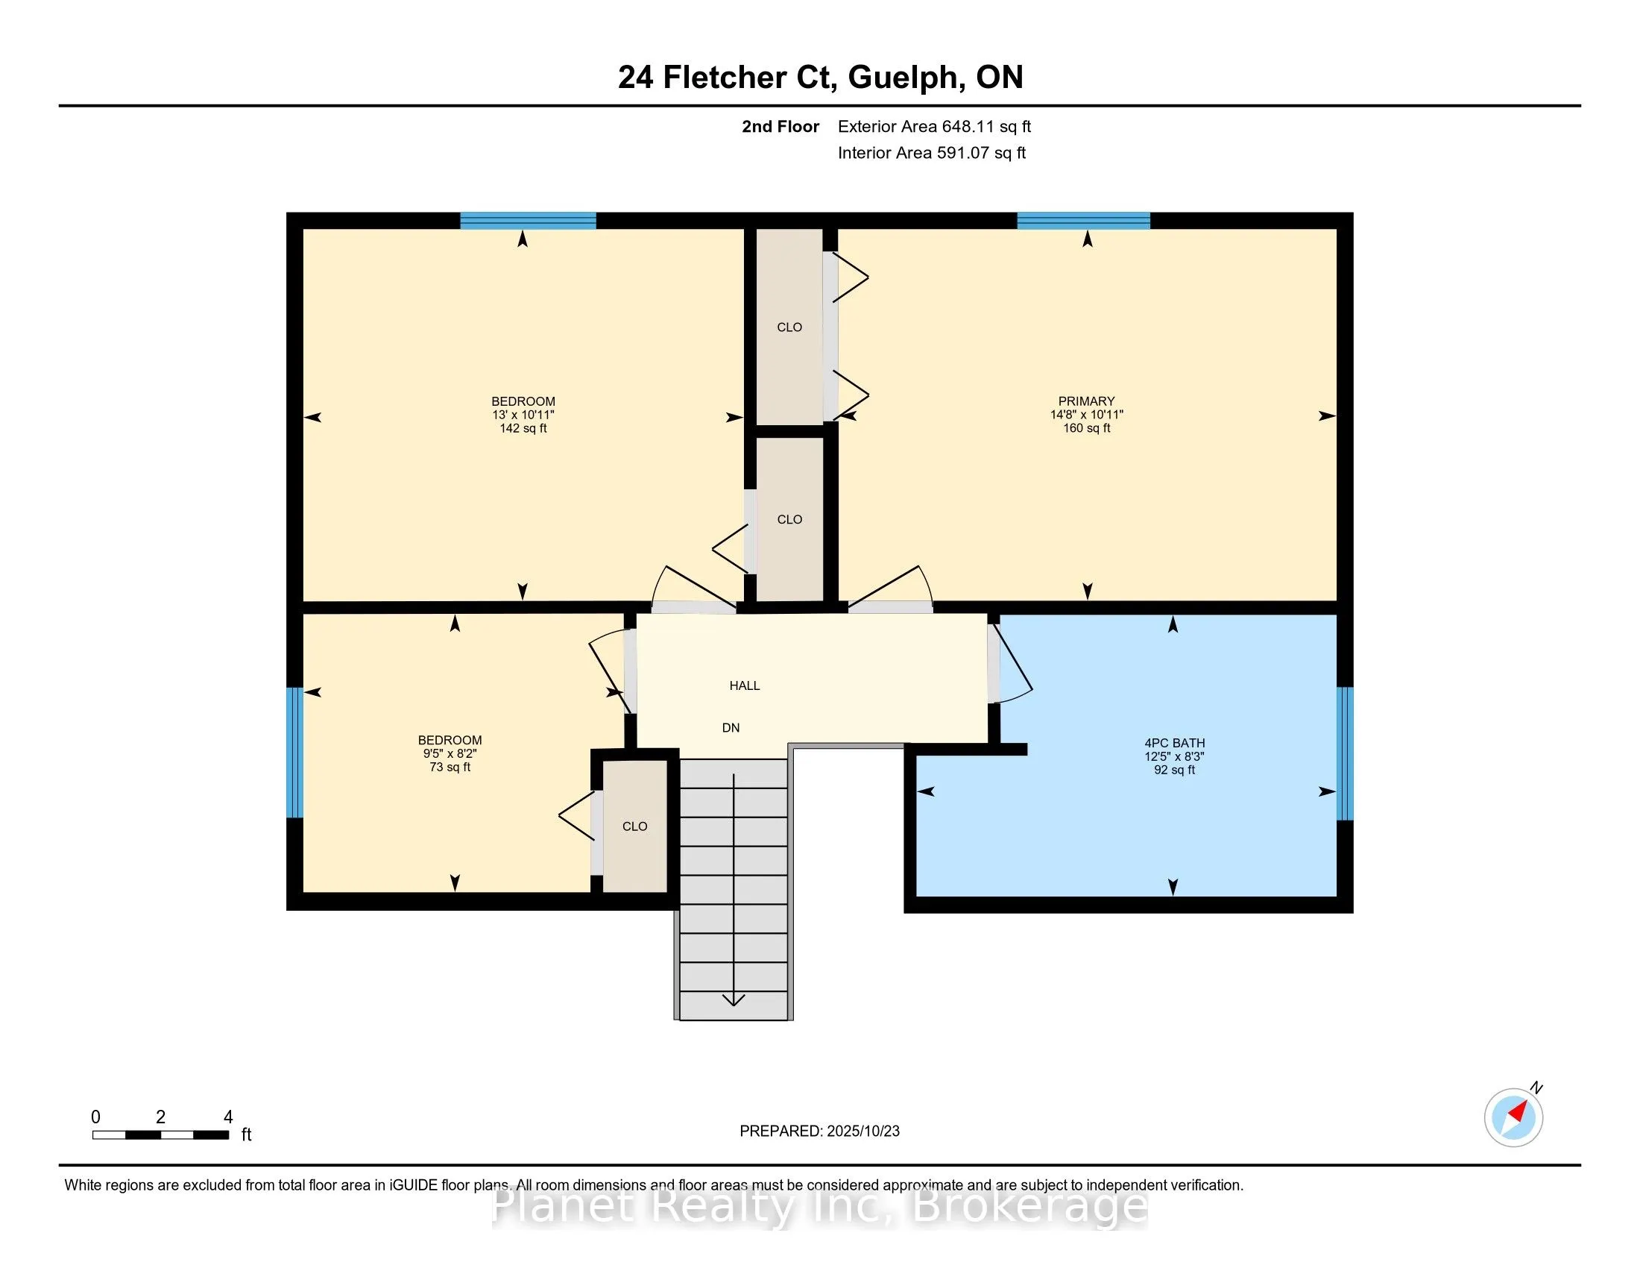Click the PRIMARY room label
(1087, 401)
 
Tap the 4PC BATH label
(1174, 743)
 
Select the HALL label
(744, 685)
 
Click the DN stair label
(731, 727)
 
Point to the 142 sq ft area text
(523, 428)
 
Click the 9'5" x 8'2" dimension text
(450, 753)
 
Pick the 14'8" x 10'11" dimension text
(1087, 415)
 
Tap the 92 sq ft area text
(1174, 770)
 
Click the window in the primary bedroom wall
(1084, 221)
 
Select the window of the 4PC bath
(1345, 753)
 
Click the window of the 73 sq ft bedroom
(294, 753)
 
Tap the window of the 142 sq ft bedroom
(528, 221)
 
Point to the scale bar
(161, 1134)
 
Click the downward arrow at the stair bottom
(734, 999)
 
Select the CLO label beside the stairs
(634, 826)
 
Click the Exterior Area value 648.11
(968, 126)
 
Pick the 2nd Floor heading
(780, 126)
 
